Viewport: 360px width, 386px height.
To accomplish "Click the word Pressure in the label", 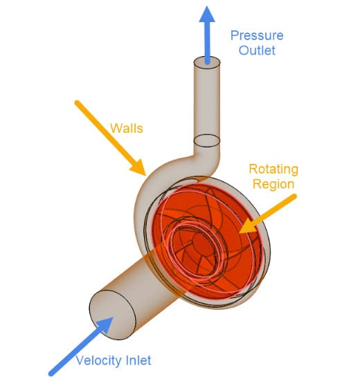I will (x=257, y=36).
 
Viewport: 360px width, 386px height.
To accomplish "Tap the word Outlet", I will (x=257, y=50).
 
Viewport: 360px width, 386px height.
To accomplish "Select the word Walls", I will (x=127, y=129).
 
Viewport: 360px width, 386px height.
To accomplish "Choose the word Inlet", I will (x=154, y=360).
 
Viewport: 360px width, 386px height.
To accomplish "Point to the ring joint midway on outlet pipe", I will (x=206, y=143).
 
